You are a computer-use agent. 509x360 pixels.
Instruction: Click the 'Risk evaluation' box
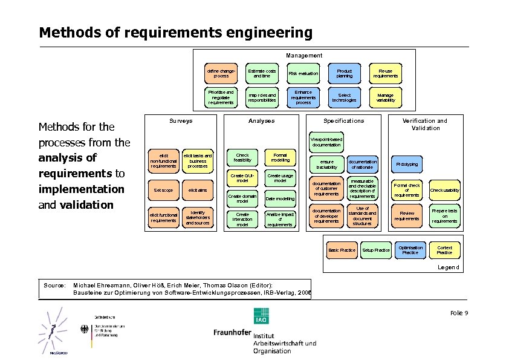(x=303, y=74)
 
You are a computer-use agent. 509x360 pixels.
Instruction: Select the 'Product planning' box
(x=344, y=74)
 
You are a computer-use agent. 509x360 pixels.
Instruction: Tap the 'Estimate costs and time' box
(x=262, y=74)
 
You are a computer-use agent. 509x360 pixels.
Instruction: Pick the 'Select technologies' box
(x=344, y=98)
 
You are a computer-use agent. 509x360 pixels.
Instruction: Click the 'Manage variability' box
(x=385, y=98)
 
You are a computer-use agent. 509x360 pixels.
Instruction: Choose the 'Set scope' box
(x=163, y=191)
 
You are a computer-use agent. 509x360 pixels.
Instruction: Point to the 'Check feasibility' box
(x=242, y=157)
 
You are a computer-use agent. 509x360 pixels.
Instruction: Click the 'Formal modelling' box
(x=280, y=157)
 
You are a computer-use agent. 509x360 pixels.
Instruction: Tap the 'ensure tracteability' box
(x=326, y=164)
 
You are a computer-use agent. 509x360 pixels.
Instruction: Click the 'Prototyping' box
(x=407, y=165)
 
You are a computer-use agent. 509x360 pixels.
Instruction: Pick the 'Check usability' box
(x=444, y=191)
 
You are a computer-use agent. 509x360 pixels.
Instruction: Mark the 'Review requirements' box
(x=407, y=216)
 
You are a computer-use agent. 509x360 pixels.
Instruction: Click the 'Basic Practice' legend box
(x=342, y=250)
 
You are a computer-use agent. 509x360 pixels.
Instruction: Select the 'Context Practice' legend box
(x=444, y=250)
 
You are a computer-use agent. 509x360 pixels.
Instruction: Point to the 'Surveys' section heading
(x=181, y=121)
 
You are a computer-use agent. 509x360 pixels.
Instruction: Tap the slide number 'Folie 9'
(x=459, y=312)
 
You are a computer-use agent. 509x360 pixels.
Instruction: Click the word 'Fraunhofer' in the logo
(x=232, y=333)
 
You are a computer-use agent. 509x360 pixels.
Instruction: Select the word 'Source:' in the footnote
(x=54, y=284)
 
